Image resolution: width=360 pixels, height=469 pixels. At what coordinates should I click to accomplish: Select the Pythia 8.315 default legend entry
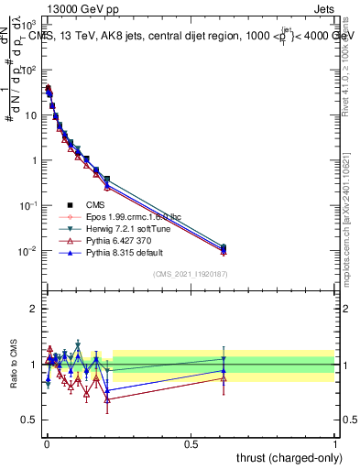(x=119, y=252)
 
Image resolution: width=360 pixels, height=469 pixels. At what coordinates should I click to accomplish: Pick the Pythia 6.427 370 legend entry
(x=115, y=240)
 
